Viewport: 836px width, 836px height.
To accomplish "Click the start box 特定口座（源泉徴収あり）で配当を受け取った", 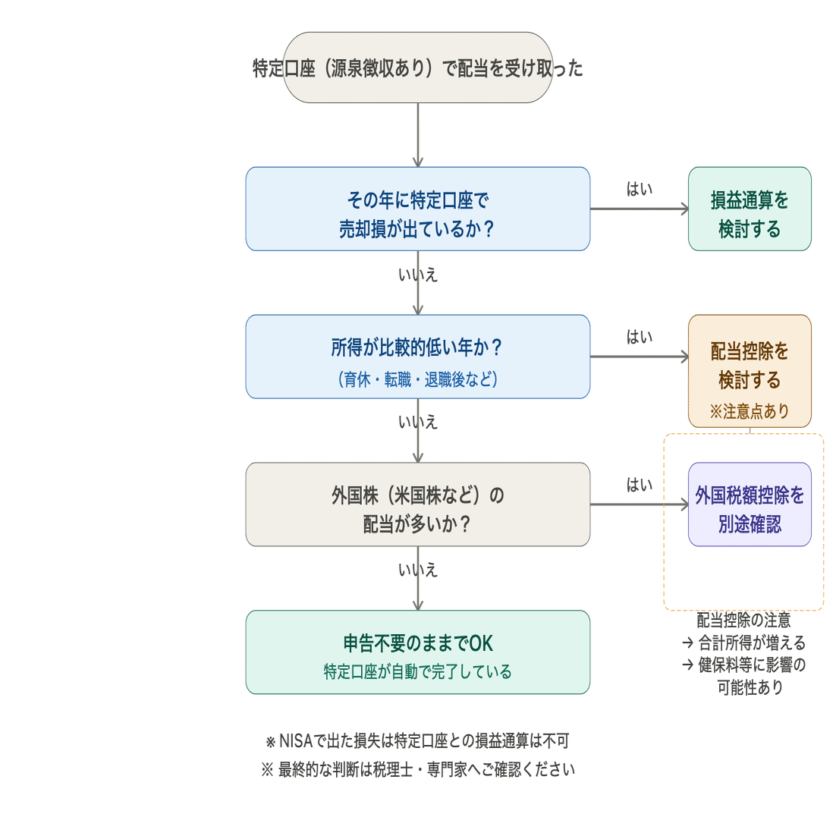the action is coord(417,68).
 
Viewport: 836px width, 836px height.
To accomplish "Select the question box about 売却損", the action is coord(417,209).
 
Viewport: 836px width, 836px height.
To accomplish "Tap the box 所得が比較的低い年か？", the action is coord(417,357).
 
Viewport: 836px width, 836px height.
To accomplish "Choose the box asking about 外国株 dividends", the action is coord(417,504).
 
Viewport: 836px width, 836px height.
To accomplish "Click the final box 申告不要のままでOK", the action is coord(417,652).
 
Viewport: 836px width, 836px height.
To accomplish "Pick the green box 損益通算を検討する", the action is coord(750,209).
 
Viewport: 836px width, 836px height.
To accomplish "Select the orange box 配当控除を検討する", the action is coord(750,371).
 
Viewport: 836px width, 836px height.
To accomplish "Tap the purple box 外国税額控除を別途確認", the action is coord(750,504).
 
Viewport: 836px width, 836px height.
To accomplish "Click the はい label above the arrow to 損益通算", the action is coord(640,189).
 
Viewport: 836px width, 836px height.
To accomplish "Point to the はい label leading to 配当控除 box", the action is coord(640,336).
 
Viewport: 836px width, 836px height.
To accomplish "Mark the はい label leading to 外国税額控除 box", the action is coord(640,485).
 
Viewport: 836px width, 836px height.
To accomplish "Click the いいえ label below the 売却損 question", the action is coord(418,275).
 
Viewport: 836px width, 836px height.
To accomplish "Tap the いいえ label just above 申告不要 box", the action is coord(418,570).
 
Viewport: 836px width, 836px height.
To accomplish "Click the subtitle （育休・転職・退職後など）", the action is coord(417,379).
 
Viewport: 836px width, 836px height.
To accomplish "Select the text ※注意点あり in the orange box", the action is coord(750,411).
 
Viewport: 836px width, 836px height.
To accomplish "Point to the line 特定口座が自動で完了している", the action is coord(417,672).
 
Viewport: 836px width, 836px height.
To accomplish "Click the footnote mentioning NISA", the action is coord(417,740).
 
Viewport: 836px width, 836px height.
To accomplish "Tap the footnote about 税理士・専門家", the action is coord(418,769).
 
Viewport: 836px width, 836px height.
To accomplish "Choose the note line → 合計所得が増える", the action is coord(743,643).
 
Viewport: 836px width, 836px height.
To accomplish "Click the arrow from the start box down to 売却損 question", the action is coord(418,135).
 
